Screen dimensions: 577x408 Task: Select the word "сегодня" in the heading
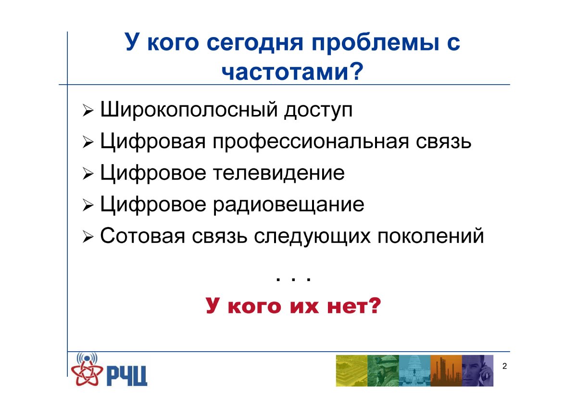coord(255,43)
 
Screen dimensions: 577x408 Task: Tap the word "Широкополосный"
coord(189,110)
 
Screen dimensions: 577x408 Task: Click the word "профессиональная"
coord(311,142)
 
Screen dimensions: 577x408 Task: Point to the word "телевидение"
coord(279,173)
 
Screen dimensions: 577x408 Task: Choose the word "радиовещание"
coord(289,205)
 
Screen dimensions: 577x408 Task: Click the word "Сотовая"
coord(142,236)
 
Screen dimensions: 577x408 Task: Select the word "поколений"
coord(431,236)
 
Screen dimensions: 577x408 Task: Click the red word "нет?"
coord(354,306)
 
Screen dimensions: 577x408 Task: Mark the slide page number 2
coord(504,366)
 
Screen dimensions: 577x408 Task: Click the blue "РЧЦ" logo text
coord(127,376)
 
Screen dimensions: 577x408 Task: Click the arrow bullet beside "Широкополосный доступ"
coord(88,111)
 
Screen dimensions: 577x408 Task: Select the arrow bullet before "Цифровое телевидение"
coord(88,174)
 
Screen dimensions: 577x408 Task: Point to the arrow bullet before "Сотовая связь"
coord(88,237)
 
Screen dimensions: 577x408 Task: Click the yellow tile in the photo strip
coord(351,370)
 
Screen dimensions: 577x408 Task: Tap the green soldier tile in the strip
coord(383,370)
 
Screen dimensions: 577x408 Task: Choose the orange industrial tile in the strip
coord(446,370)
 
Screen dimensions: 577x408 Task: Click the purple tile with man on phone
coord(477,370)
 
